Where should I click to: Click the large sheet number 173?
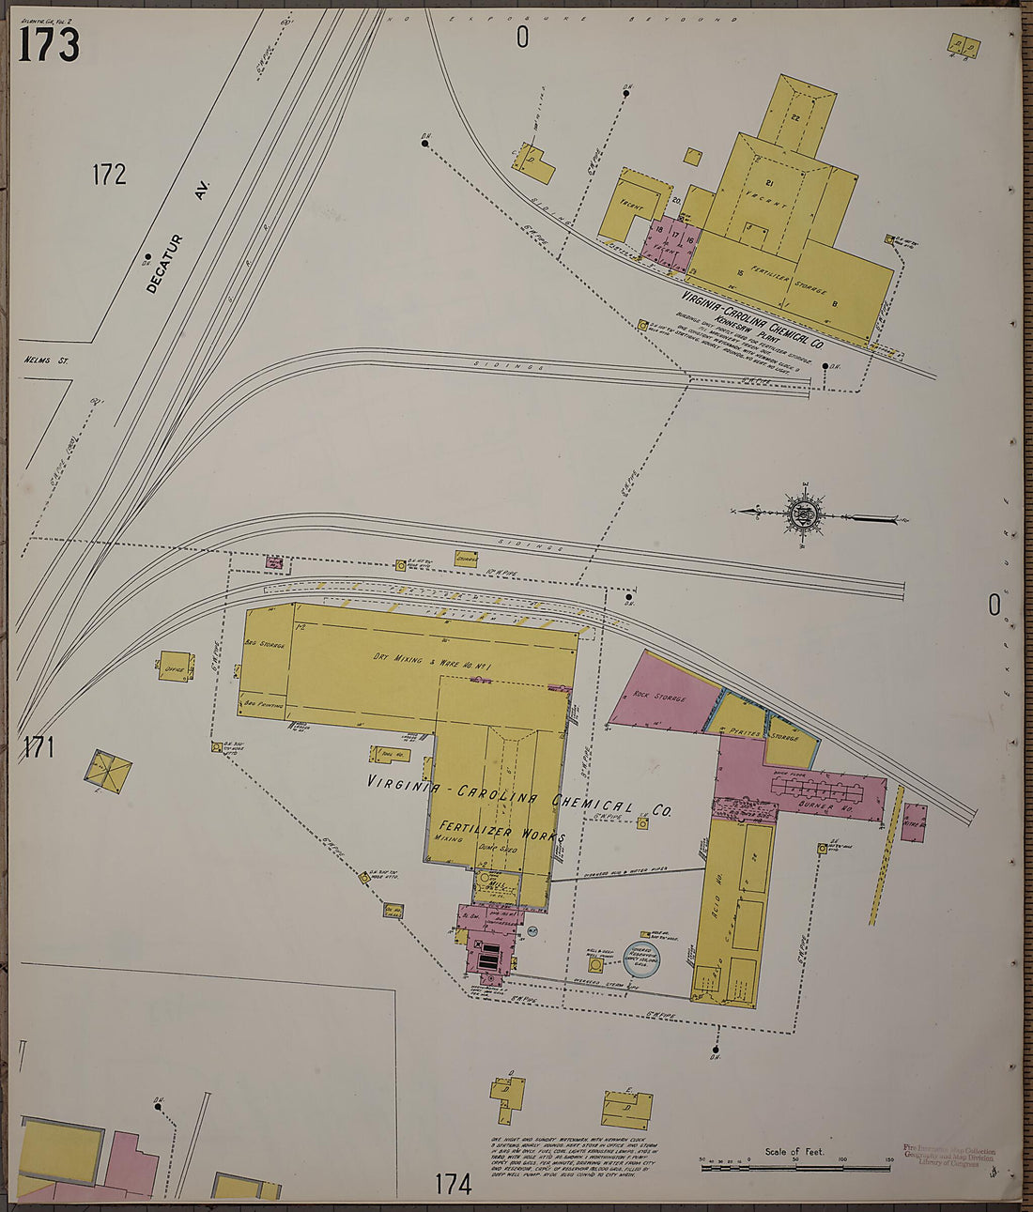49,44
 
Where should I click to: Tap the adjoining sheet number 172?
109,175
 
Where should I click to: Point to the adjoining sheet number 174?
453,1184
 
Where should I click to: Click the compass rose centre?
804,514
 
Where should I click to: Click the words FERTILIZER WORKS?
501,832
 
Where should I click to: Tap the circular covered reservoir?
643,959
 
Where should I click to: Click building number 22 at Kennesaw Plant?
794,117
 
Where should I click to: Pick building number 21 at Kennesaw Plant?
768,182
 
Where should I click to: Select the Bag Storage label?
264,644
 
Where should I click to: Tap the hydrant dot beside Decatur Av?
147,255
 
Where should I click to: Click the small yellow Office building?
175,667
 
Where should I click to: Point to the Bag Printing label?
264,703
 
